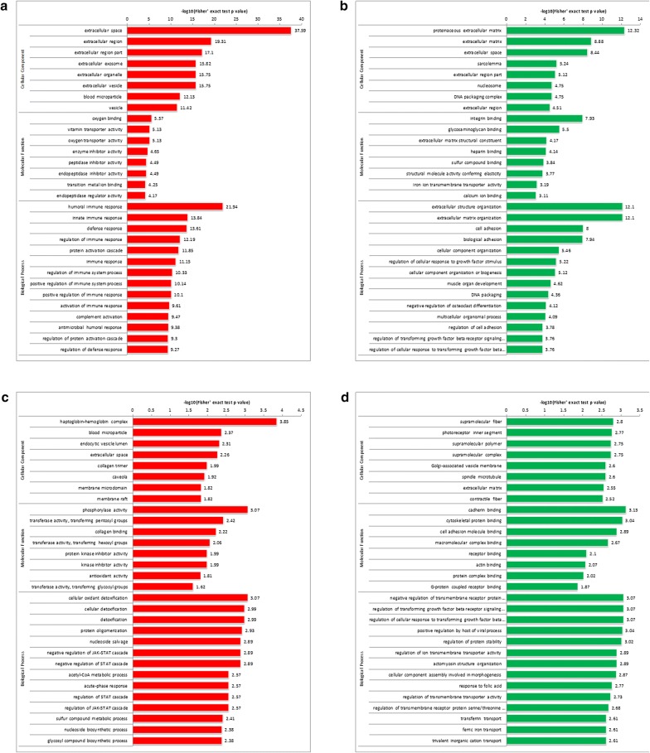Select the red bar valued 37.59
pos(208,31)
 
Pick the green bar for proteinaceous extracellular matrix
pos(565,31)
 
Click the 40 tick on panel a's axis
pos(301,17)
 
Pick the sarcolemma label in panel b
pos(480,63)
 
